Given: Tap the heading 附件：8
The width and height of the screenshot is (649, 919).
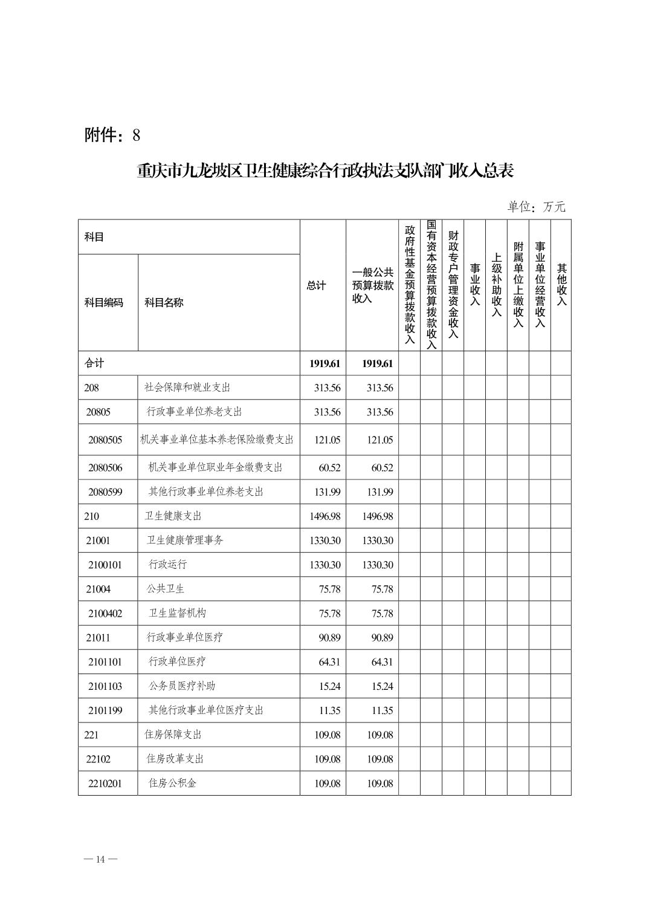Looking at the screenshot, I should [x=112, y=135].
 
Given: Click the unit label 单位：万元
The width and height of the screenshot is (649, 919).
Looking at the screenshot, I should [x=536, y=207].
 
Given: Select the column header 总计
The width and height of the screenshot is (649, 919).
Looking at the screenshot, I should [x=316, y=285].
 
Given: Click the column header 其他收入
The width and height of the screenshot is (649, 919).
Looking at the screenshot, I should [x=561, y=285].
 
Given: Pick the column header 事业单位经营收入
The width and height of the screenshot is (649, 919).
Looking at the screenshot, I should [x=540, y=285].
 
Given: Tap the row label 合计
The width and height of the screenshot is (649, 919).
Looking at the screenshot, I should [x=94, y=363].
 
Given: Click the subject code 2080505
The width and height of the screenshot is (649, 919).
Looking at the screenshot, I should [x=105, y=440].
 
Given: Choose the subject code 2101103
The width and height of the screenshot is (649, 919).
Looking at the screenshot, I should [x=105, y=686].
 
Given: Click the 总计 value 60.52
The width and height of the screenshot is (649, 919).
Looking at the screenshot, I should [x=328, y=468].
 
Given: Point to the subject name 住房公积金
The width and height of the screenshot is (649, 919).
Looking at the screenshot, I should [x=173, y=783].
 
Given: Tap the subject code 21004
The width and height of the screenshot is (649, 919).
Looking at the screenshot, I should [x=98, y=589].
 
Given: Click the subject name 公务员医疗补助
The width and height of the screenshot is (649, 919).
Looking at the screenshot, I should [x=182, y=686].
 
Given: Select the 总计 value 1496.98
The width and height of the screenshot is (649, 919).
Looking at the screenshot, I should [x=324, y=516].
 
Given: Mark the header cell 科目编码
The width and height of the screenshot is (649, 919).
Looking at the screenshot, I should [x=103, y=302].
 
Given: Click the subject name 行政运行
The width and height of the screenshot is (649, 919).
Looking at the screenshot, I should [x=168, y=564].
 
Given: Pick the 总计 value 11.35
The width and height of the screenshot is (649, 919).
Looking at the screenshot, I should [x=329, y=710].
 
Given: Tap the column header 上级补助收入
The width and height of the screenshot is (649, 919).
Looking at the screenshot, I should [x=496, y=285].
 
